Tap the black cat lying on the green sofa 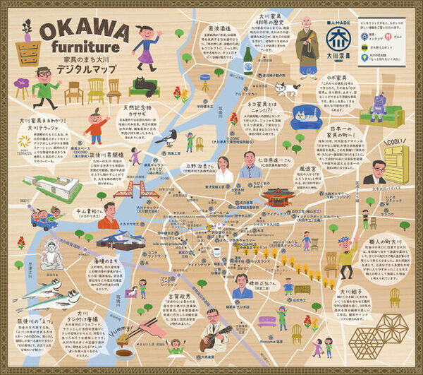[145, 85]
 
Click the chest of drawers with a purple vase [27, 49]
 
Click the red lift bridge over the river [132, 189]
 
